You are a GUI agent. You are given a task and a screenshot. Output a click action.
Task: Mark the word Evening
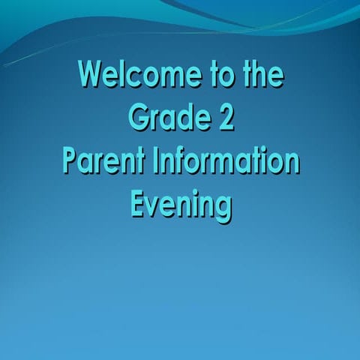(x=180, y=204)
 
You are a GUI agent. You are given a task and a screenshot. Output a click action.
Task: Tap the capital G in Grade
(x=137, y=118)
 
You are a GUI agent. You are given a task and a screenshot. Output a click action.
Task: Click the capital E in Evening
(x=139, y=203)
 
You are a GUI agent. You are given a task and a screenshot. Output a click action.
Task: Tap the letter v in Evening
(x=156, y=205)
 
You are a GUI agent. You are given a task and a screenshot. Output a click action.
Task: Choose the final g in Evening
(x=222, y=208)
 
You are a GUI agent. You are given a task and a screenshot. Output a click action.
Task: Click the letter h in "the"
(x=259, y=76)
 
